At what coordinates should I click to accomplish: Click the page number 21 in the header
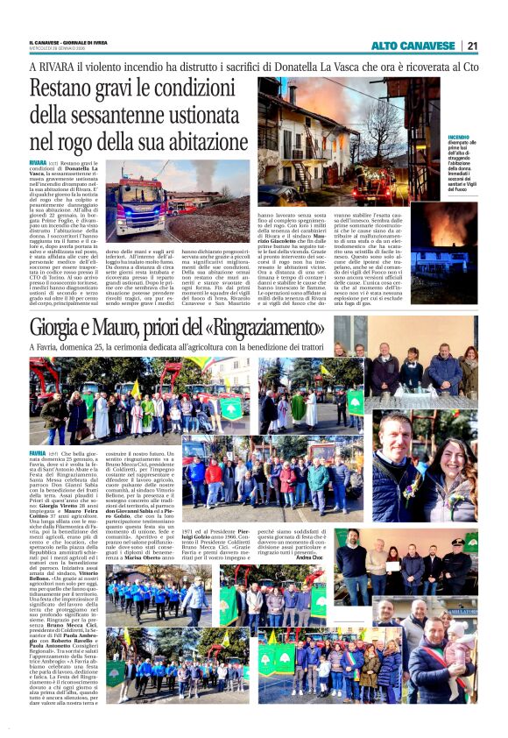click(x=471, y=46)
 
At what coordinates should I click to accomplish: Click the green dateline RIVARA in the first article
click(x=38, y=164)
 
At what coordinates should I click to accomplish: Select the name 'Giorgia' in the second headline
click(x=60, y=330)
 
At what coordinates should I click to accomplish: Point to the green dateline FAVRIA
click(x=38, y=454)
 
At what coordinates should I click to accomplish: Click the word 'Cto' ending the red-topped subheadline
click(x=470, y=66)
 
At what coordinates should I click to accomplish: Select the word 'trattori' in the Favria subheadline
click(x=293, y=348)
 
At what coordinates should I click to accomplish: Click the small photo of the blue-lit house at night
click(x=444, y=262)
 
